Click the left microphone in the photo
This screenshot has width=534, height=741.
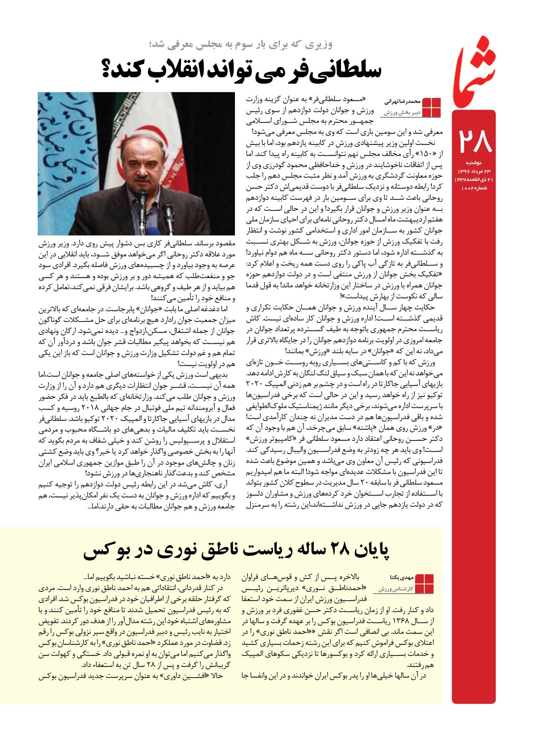point(143,199)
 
